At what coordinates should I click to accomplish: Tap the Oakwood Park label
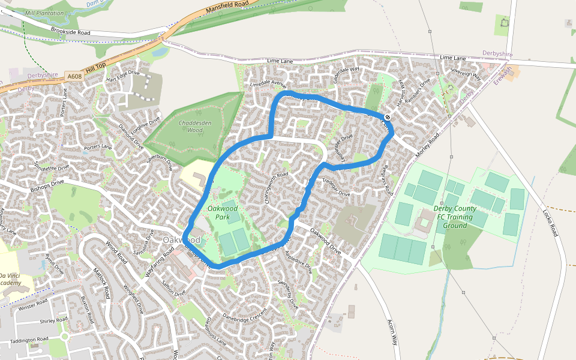pos(223,212)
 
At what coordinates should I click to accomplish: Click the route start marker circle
pos(388,117)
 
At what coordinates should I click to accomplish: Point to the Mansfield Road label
pos(226,6)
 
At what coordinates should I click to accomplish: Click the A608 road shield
pos(74,76)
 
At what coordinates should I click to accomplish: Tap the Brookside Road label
pos(70,31)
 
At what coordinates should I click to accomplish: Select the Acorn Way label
pos(394,331)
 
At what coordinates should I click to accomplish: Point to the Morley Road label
pos(428,146)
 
